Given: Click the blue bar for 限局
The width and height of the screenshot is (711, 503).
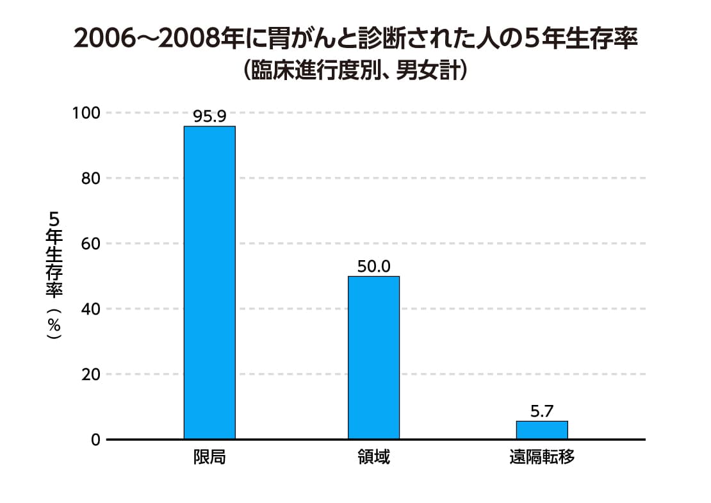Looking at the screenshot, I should [x=209, y=282].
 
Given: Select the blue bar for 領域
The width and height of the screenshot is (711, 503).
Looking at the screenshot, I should [x=373, y=357].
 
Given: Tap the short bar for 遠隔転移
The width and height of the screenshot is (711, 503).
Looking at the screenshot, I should [x=542, y=429].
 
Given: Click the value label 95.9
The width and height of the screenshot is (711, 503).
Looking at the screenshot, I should [x=209, y=117].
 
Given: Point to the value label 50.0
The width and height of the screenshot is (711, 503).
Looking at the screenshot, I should [x=373, y=266].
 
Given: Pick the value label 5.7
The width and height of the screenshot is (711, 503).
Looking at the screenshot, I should [x=542, y=411].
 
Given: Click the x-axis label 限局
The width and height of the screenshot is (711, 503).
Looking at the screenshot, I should [x=209, y=458].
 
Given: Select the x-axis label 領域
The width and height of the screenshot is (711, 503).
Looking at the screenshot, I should [x=373, y=458].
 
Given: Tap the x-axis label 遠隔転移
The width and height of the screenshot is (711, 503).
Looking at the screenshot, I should [x=542, y=458].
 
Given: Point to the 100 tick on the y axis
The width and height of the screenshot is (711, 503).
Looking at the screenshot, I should [x=86, y=113].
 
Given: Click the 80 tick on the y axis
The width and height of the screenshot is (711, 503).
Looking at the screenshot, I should [x=90, y=178].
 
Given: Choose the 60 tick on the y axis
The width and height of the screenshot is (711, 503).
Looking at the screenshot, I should [x=90, y=243].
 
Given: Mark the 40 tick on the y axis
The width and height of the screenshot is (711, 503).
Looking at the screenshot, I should [x=90, y=309].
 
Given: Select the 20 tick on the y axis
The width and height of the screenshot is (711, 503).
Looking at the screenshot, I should [x=90, y=374].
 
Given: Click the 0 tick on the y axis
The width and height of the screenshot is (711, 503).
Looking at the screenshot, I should [x=95, y=440].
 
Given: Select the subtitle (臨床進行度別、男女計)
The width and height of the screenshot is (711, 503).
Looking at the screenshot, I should [x=355, y=70].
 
